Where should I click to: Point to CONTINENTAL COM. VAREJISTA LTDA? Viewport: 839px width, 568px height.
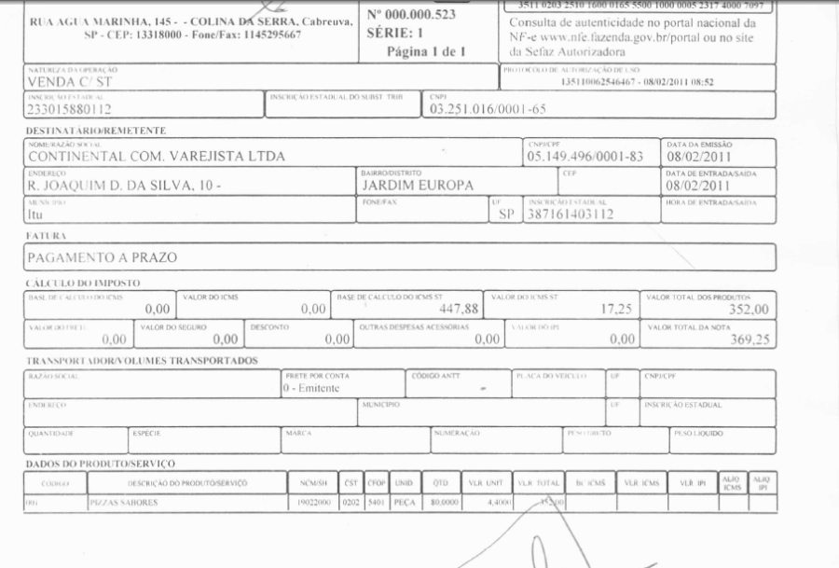156,157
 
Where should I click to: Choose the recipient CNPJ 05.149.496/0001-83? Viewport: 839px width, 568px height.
585,157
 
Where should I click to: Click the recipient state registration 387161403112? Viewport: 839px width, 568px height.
570,214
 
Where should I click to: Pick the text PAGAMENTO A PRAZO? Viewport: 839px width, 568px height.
102,256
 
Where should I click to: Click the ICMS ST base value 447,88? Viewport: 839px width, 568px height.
457,309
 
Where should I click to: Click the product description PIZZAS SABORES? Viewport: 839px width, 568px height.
123,503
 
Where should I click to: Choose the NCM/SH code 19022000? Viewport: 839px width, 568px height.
309,503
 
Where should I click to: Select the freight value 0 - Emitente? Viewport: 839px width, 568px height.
312,388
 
